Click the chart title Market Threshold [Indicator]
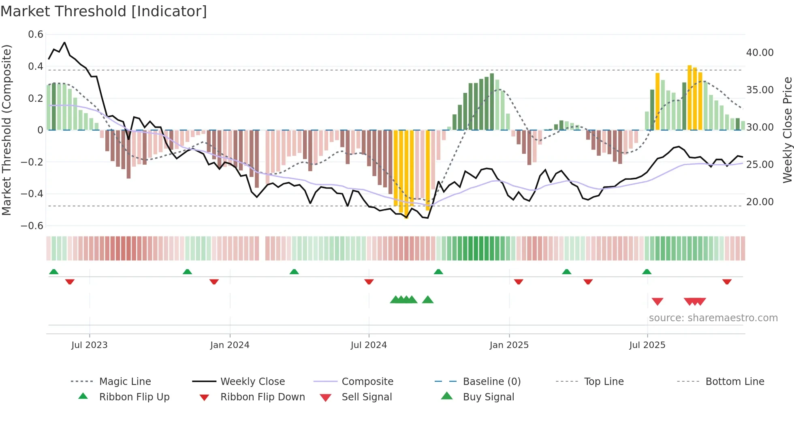[x=104, y=11]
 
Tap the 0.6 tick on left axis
[x=36, y=34]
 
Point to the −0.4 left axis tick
[x=32, y=193]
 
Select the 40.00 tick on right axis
[x=760, y=53]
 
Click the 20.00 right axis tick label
[x=760, y=202]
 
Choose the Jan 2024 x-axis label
[x=230, y=345]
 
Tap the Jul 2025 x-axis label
[x=647, y=345]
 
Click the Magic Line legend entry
[x=125, y=382]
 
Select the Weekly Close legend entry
[x=252, y=382]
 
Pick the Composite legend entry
[x=367, y=382]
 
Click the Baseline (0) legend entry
[x=491, y=382]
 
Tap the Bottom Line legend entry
[x=734, y=382]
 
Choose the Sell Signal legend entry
[x=367, y=397]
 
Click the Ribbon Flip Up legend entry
[x=134, y=397]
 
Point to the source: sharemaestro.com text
[x=713, y=318]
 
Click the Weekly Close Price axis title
[x=787, y=130]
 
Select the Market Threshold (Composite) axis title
[x=6, y=130]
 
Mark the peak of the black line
[x=64, y=42]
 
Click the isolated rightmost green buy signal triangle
[x=428, y=300]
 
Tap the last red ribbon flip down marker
[x=727, y=282]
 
